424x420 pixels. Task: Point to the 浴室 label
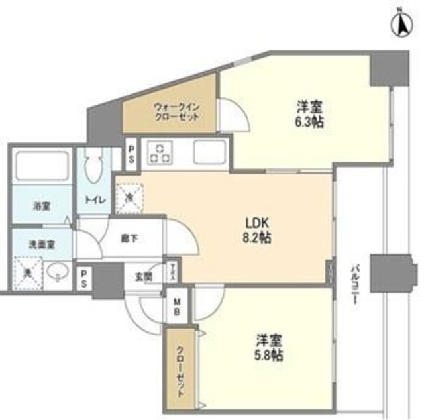[x=42, y=205]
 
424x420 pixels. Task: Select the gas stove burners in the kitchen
[x=160, y=152]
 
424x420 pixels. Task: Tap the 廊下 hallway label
[x=130, y=238]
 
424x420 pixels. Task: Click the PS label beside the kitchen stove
[x=132, y=152]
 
